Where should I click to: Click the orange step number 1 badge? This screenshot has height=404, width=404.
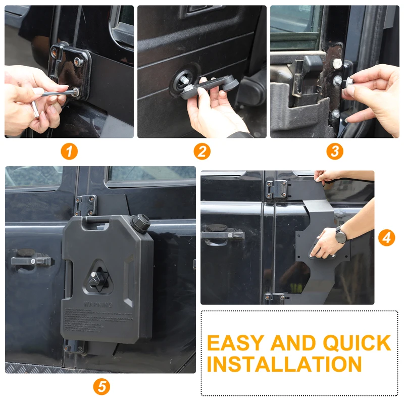[x=69, y=151]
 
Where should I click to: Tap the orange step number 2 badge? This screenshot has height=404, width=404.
[x=201, y=151]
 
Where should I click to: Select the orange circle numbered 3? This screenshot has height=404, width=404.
[x=334, y=151]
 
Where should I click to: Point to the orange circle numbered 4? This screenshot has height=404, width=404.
[x=386, y=237]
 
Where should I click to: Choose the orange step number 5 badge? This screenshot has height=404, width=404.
[x=102, y=386]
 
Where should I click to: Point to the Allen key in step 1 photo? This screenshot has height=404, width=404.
[x=53, y=94]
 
